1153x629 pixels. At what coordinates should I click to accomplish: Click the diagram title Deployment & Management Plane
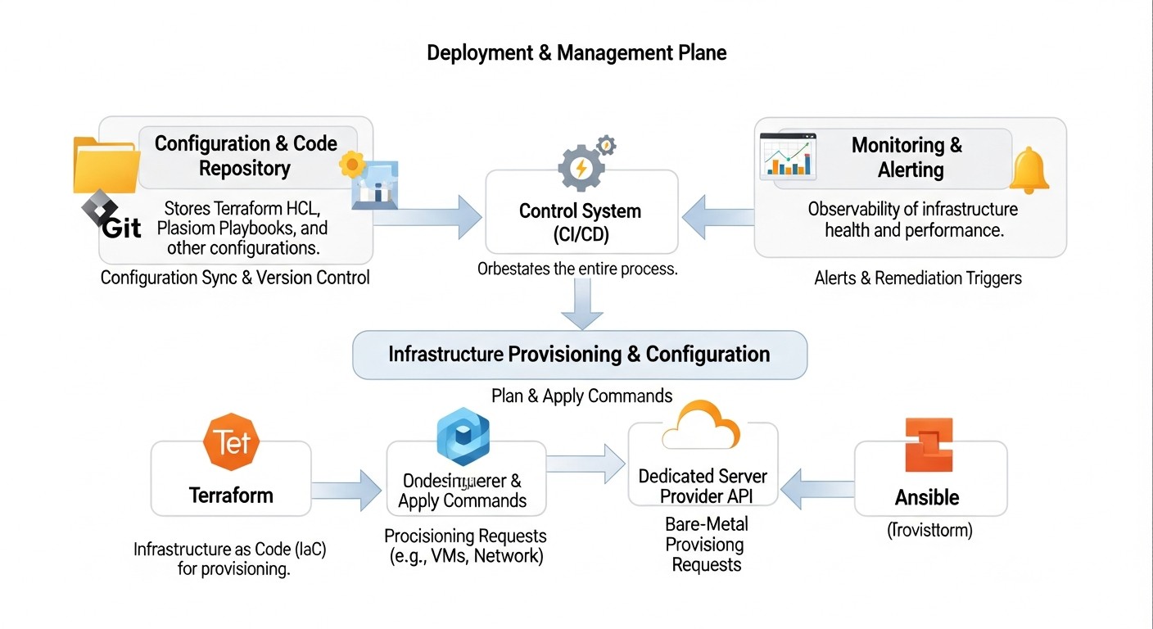pos(576,53)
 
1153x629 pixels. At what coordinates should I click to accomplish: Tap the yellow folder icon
pos(104,165)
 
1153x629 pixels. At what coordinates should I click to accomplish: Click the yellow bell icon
pos(1029,171)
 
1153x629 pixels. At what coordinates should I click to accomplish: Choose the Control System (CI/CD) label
pos(581,223)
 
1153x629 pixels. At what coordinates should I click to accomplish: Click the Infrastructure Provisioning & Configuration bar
pos(580,355)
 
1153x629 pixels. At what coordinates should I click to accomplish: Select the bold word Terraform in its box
pos(231,495)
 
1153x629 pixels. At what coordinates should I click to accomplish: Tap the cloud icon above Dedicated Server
pos(701,426)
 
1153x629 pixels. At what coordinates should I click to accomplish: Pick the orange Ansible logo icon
pos(929,445)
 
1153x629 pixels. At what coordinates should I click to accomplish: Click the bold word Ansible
pos(927,497)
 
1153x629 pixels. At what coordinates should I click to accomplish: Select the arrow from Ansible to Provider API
pos(816,490)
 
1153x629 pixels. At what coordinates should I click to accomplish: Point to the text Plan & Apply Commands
pos(581,396)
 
